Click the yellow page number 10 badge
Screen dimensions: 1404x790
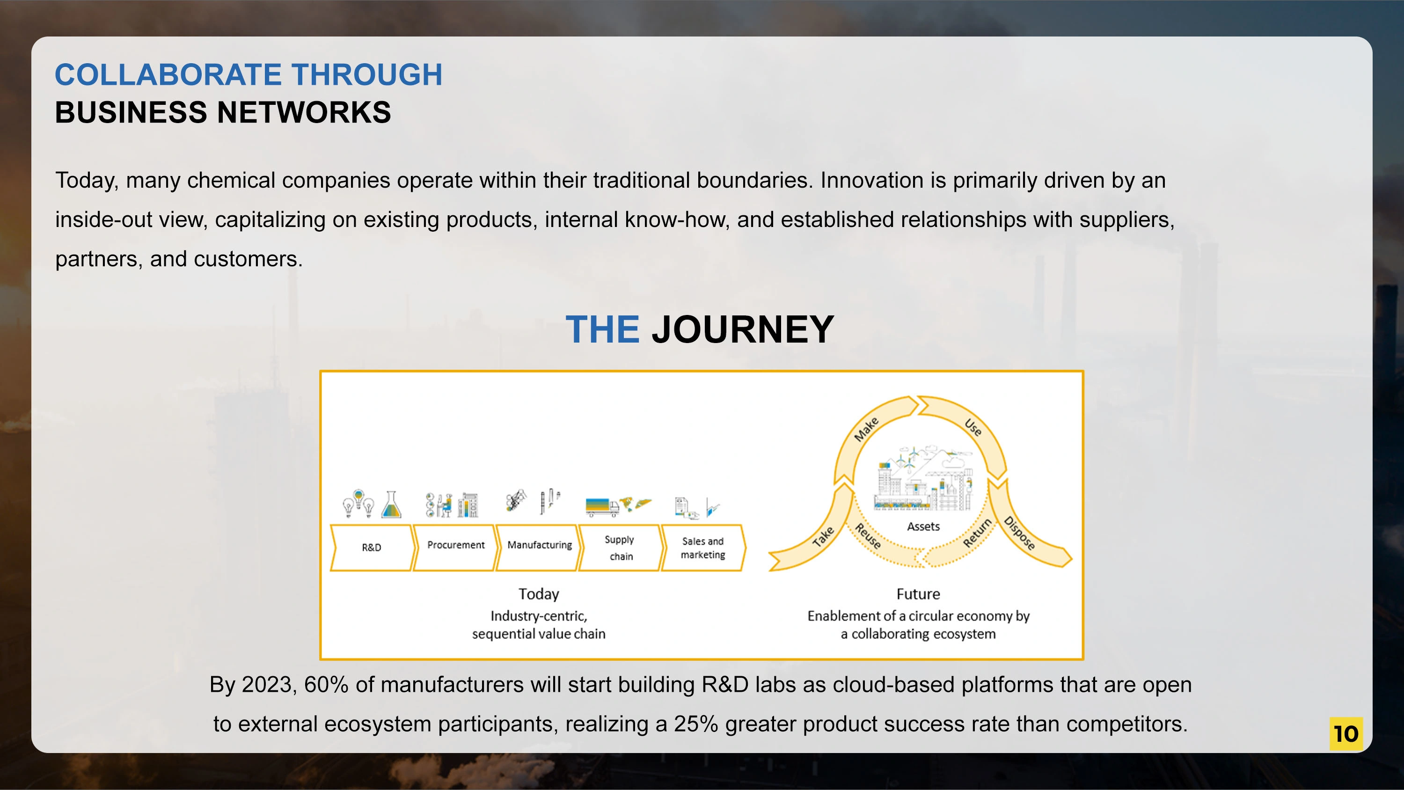[x=1345, y=733]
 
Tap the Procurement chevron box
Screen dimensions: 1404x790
[x=455, y=548]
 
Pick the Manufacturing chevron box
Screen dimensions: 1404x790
[x=539, y=548]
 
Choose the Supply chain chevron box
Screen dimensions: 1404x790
[x=621, y=548]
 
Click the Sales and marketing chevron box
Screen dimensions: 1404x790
[x=703, y=548]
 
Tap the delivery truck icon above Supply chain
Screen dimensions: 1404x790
[x=602, y=506]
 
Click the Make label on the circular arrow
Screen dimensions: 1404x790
[x=866, y=429]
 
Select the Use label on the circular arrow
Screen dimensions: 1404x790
[x=973, y=427]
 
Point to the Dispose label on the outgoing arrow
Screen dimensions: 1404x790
[x=1019, y=533]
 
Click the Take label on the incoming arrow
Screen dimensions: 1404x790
[x=823, y=536]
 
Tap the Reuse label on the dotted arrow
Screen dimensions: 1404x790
[x=868, y=535]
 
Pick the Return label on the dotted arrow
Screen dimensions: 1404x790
[x=977, y=533]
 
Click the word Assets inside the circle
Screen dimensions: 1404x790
[x=923, y=527]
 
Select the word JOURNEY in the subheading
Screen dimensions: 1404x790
[x=743, y=329]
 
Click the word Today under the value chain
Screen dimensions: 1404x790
[x=539, y=594]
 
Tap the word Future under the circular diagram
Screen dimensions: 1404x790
[x=918, y=594]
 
